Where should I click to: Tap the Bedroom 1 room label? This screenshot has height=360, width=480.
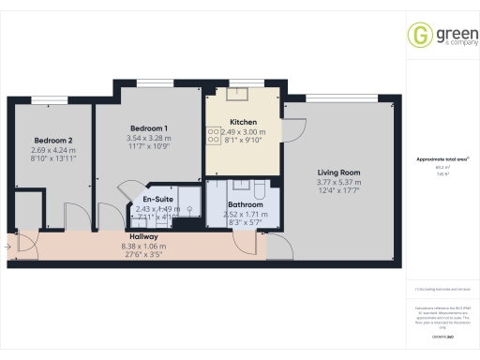149,128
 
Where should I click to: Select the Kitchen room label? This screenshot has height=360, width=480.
244,121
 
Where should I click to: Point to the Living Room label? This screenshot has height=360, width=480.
339,172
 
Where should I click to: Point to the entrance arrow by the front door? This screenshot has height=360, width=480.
7,247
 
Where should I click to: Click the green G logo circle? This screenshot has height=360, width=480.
418,35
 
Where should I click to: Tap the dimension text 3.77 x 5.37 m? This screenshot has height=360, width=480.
339,182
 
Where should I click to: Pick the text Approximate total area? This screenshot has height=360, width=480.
442,159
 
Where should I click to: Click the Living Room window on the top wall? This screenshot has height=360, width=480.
337,98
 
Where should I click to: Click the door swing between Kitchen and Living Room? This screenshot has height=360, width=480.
293,130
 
